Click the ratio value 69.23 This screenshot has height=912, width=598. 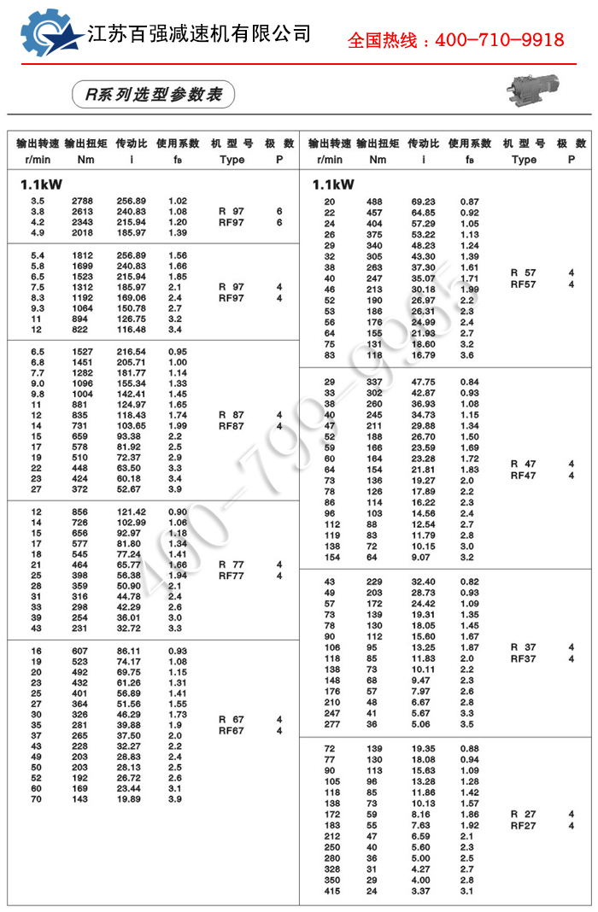click(x=423, y=202)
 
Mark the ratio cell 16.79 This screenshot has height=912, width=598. click(x=423, y=355)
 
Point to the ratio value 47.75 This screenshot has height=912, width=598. click(x=423, y=382)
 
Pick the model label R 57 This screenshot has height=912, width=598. click(x=523, y=273)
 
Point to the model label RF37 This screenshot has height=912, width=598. click(x=523, y=658)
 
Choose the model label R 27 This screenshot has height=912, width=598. click(x=523, y=815)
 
